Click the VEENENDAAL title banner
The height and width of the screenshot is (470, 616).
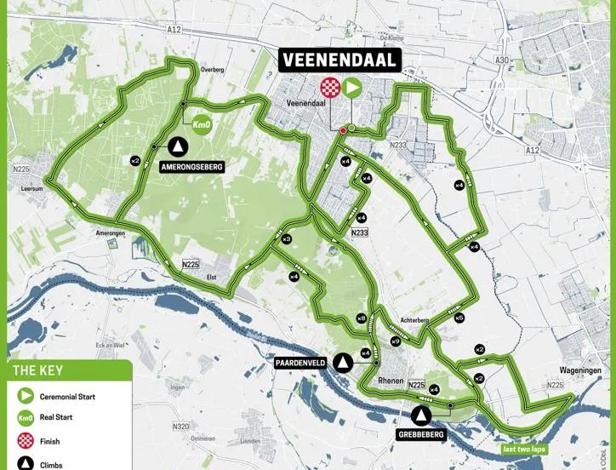340,60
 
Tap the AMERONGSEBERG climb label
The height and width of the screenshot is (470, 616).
191,168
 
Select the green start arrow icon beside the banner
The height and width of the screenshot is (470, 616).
351,87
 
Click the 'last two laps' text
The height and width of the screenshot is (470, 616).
523,449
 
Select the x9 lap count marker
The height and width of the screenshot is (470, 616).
396,341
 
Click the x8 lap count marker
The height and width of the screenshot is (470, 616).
362,318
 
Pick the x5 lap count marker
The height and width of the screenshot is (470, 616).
459,318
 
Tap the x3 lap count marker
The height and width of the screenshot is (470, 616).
287,239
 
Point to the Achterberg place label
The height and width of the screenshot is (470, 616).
414,321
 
